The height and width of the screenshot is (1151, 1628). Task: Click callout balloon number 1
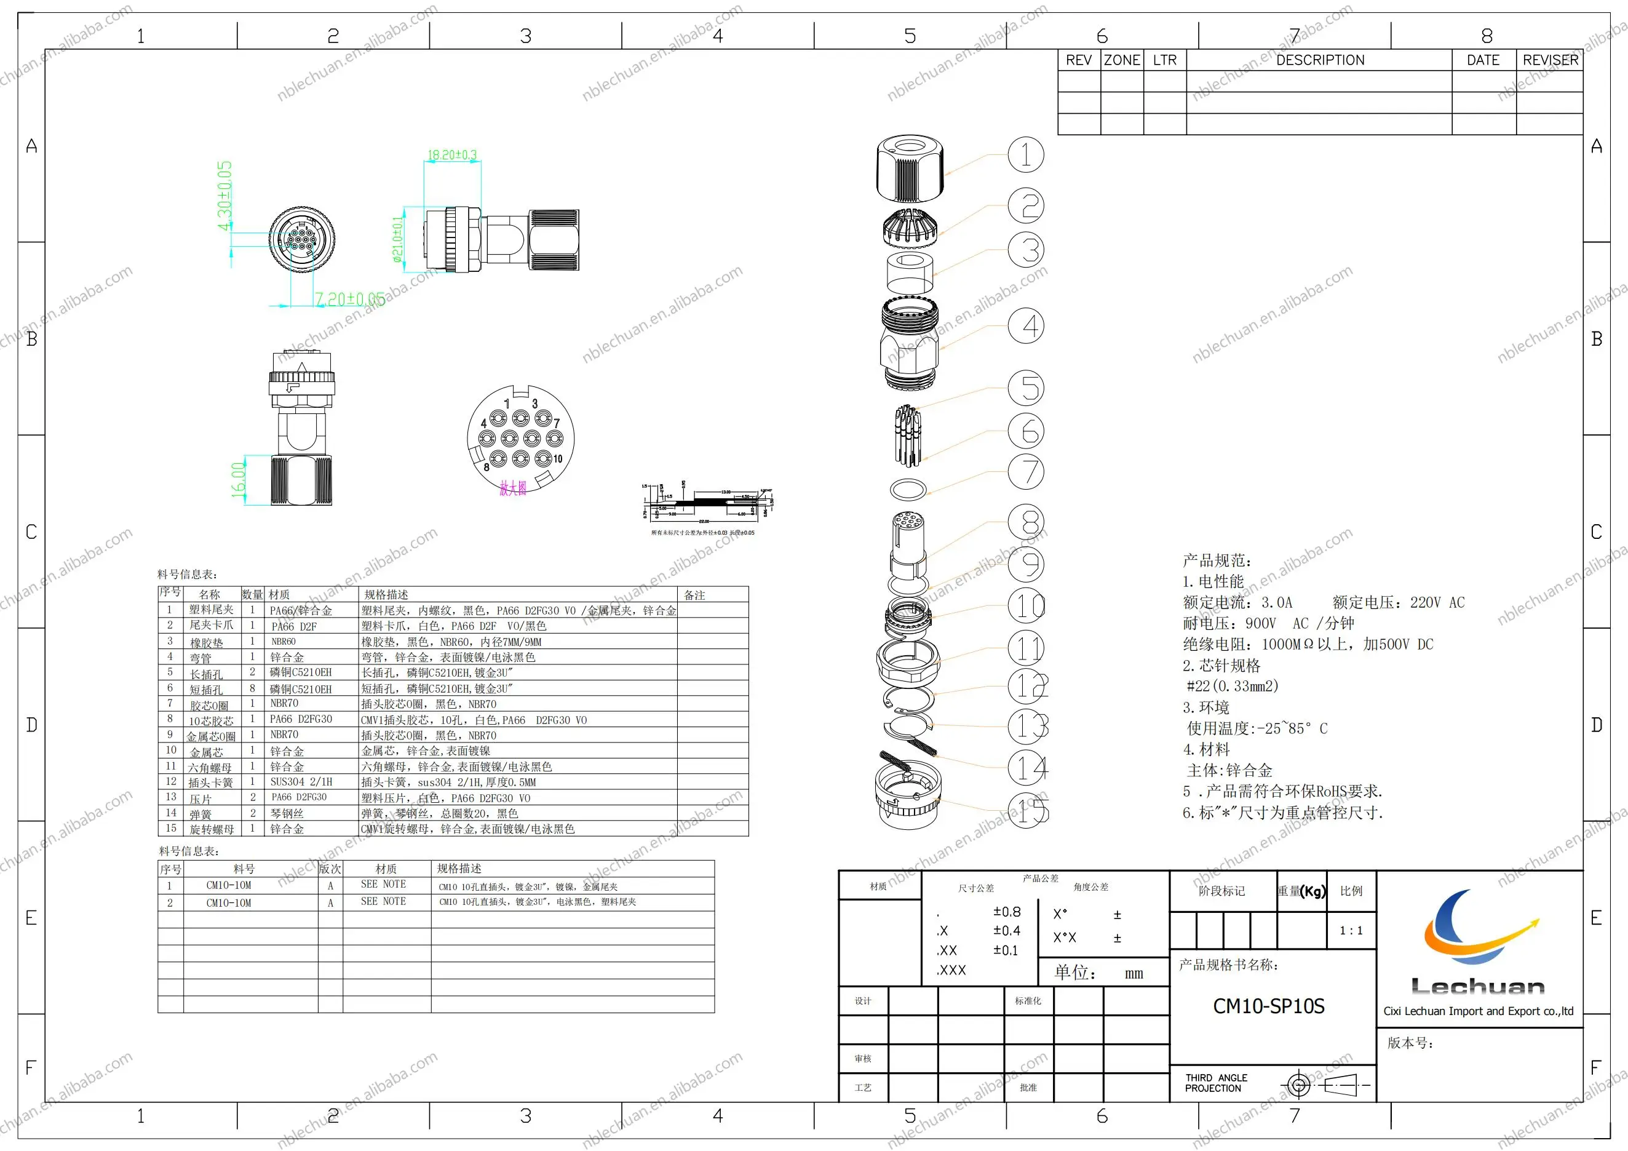tap(1025, 154)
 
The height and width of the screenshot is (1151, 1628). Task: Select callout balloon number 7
tap(1025, 472)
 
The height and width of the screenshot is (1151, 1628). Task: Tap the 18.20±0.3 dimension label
tap(451, 154)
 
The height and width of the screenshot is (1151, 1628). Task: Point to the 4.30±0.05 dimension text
tap(224, 196)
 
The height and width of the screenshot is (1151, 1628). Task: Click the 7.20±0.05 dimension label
tap(349, 299)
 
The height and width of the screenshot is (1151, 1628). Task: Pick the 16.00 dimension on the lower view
tap(238, 479)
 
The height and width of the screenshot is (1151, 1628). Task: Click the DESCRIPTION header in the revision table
tap(1319, 60)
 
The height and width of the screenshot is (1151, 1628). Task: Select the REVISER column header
tap(1550, 60)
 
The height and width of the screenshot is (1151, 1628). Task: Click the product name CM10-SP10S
tap(1268, 1006)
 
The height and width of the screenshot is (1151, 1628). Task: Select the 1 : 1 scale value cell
tap(1351, 930)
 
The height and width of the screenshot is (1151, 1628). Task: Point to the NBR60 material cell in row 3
tap(284, 642)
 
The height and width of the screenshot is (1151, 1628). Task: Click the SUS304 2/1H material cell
tap(301, 781)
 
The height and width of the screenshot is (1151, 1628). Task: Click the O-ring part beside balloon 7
tap(908, 489)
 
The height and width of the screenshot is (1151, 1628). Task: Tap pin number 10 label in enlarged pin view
tap(558, 459)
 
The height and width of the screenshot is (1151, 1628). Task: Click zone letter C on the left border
tap(31, 532)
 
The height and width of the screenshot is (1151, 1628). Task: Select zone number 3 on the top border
tap(525, 36)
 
